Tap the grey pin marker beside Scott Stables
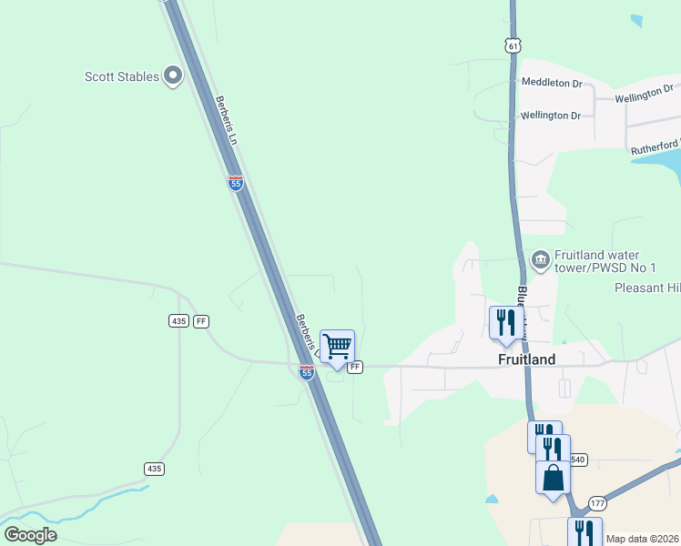point(174,76)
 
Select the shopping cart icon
point(337,347)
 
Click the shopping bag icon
point(553,477)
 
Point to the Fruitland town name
point(527,359)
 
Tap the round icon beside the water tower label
point(540,261)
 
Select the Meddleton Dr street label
point(552,83)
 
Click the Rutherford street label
point(655,146)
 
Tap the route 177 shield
point(597,503)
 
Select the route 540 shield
point(579,460)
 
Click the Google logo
point(30,535)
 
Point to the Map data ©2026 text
point(642,539)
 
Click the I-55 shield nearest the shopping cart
point(307,371)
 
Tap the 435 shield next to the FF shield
point(178,321)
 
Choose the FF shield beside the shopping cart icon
point(355,367)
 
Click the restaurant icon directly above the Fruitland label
point(505,322)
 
